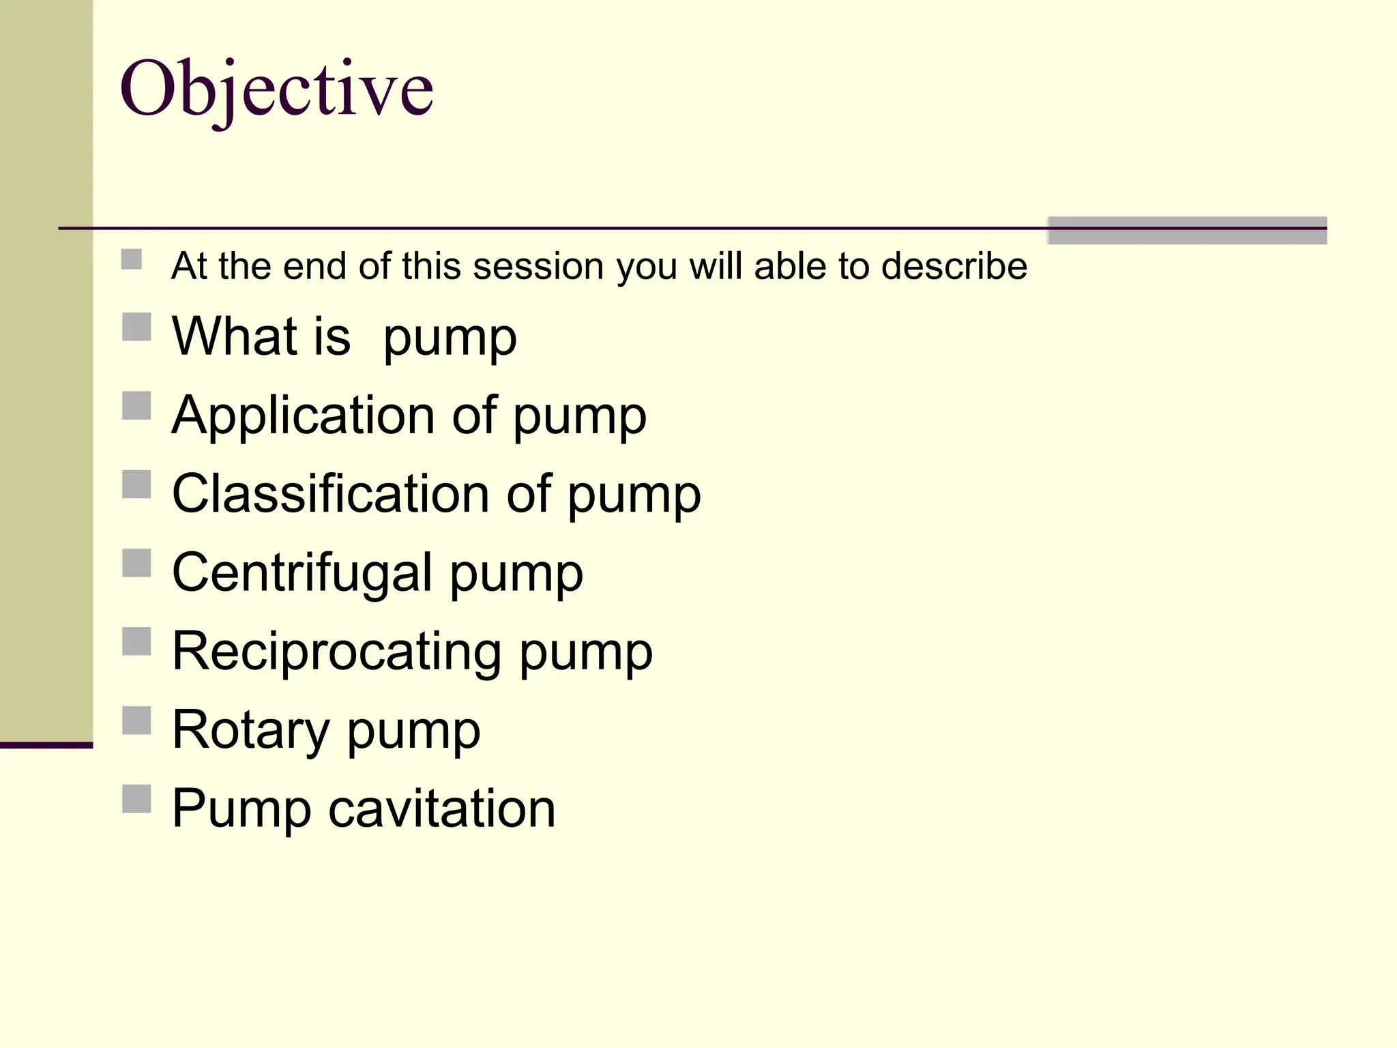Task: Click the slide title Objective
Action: [276, 89]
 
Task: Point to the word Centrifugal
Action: [302, 572]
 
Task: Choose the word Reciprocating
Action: [337, 652]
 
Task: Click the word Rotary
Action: [250, 730]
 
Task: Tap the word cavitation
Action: [442, 809]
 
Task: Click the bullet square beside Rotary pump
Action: [136, 720]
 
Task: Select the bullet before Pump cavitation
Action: [136, 798]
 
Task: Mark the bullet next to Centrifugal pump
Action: [136, 563]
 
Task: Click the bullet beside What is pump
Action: [136, 327]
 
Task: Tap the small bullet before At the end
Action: [132, 259]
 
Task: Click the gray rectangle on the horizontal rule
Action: [1187, 231]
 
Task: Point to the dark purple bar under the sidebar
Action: [46, 745]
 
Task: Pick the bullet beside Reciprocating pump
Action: [136, 641]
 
